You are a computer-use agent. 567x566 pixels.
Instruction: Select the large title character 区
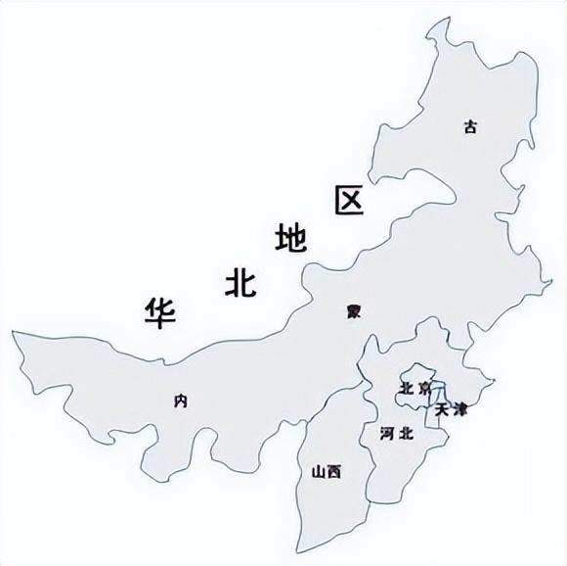(x=349, y=201)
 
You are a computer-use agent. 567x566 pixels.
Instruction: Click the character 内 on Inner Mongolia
(x=179, y=400)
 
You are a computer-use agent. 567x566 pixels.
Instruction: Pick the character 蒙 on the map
(x=353, y=312)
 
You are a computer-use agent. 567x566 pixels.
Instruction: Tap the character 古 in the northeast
(x=471, y=126)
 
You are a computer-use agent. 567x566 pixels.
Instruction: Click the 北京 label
(x=414, y=389)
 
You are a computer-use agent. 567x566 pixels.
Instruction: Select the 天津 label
(x=452, y=408)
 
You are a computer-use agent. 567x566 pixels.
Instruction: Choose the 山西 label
(x=327, y=472)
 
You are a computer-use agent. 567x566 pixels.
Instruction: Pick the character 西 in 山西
(x=335, y=472)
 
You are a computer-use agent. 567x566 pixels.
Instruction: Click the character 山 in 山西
(x=318, y=472)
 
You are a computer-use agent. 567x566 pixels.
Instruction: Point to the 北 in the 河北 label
(x=407, y=433)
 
